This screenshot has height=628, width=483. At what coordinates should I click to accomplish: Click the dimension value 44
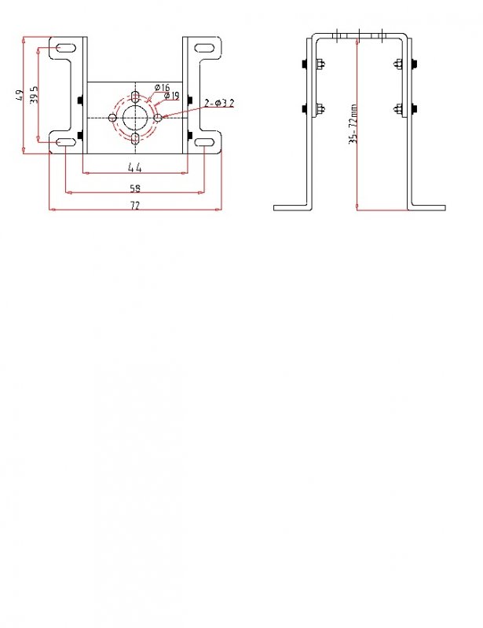coord(134,166)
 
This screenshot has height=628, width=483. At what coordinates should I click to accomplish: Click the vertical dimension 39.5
coord(34,94)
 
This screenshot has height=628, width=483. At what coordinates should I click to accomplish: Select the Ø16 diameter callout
coord(163,86)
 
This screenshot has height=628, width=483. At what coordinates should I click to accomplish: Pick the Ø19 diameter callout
coord(172,96)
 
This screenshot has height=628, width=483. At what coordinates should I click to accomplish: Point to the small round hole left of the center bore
coord(113,118)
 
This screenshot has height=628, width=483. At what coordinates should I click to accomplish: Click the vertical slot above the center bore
coord(136,97)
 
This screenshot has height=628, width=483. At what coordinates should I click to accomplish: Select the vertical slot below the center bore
coord(136,139)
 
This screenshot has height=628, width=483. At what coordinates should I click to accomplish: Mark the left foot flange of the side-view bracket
coord(292,207)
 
